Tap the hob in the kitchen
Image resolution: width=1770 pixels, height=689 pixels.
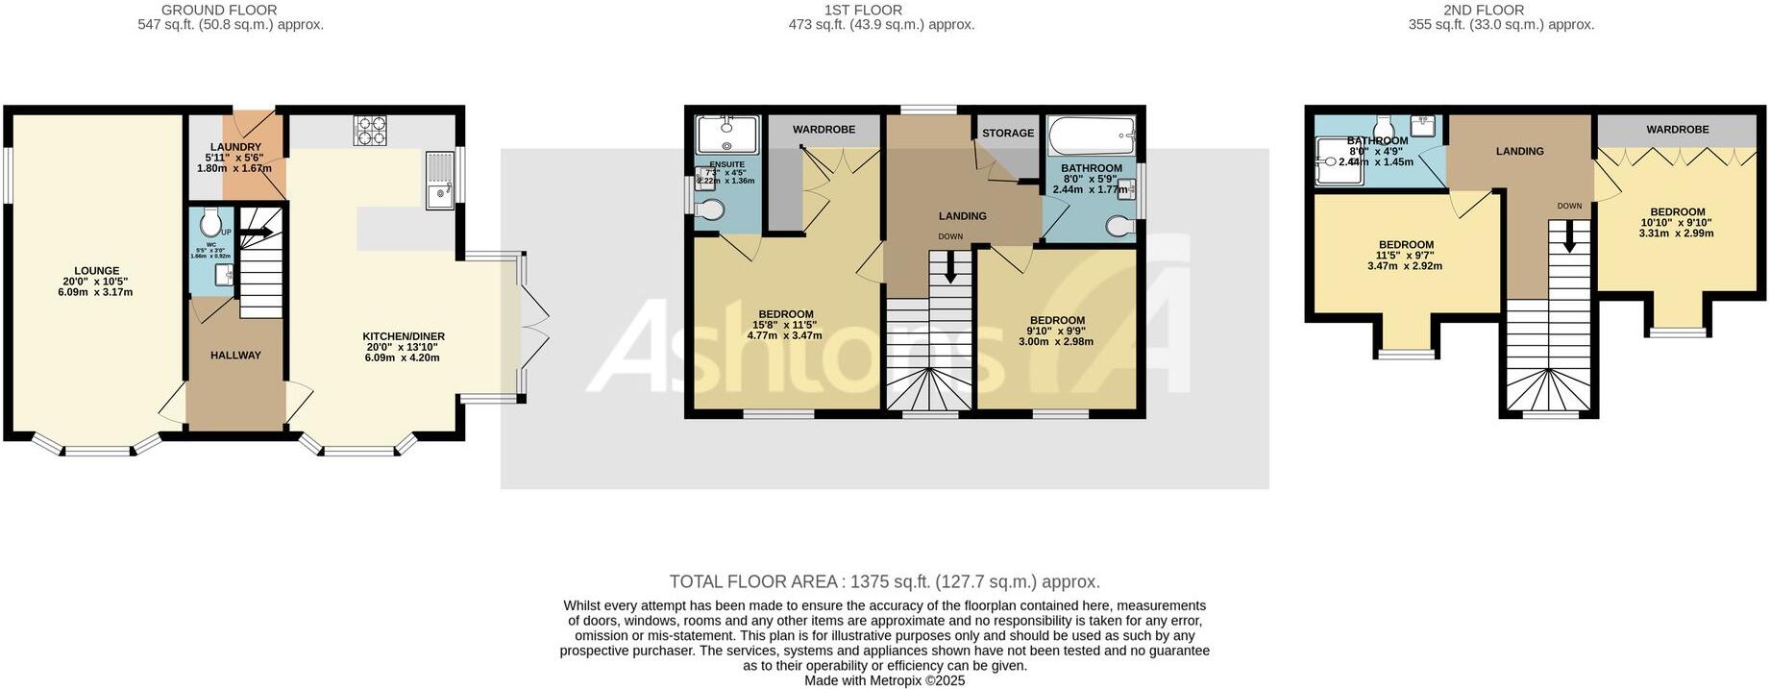tap(369, 130)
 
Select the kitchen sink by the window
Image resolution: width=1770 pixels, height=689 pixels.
tap(441, 181)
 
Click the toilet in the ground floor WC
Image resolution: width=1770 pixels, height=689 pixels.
tap(210, 224)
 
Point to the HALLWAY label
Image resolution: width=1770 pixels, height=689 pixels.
tap(235, 356)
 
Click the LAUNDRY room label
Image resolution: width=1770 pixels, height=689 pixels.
tap(235, 147)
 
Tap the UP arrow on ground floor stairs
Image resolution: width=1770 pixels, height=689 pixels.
tap(256, 232)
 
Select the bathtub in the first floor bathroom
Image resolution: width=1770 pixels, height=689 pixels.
tap(1091, 135)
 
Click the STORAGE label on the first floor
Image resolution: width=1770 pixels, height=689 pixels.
tap(1008, 134)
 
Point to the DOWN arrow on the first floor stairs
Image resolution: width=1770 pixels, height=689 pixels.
tap(950, 267)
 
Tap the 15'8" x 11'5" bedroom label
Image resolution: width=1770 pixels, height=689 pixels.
tap(786, 314)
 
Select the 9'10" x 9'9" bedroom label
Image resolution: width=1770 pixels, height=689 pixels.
tap(1057, 321)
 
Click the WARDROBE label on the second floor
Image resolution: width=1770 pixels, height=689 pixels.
tap(1677, 130)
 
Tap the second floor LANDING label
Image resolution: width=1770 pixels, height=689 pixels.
tap(1519, 152)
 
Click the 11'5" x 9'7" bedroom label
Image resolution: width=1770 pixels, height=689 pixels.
tap(1406, 245)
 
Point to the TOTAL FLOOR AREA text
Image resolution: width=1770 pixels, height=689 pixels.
tap(884, 581)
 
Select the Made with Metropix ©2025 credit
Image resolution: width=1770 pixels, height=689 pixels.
tap(884, 680)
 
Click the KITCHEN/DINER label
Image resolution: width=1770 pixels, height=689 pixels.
tap(403, 336)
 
